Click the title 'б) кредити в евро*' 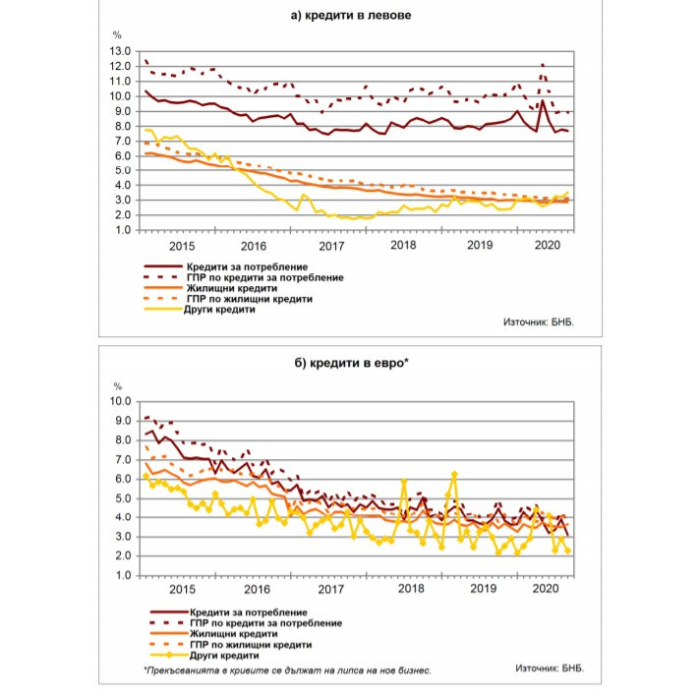pos(349,364)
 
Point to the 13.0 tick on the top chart pos(120,51)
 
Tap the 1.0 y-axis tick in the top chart pos(123,230)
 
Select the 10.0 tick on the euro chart pos(120,401)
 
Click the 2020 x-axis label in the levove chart pos(547,245)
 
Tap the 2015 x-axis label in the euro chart pos(182,589)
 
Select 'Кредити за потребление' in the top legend pos(246,266)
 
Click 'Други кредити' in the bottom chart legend pos(219,655)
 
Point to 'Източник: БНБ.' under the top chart pos(537,322)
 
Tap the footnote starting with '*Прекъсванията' pos(286,670)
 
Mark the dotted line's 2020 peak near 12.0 pos(543,66)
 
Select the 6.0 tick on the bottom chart pos(123,479)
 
